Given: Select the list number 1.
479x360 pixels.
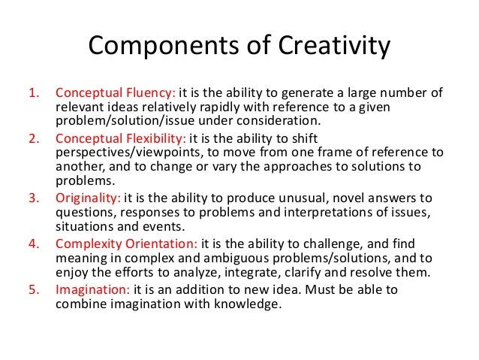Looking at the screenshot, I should tap(33, 94).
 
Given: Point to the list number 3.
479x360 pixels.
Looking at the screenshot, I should tap(33, 198).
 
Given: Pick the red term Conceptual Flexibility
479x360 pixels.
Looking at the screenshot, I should tap(122, 138).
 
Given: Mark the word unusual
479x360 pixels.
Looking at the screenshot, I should tap(288, 198).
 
